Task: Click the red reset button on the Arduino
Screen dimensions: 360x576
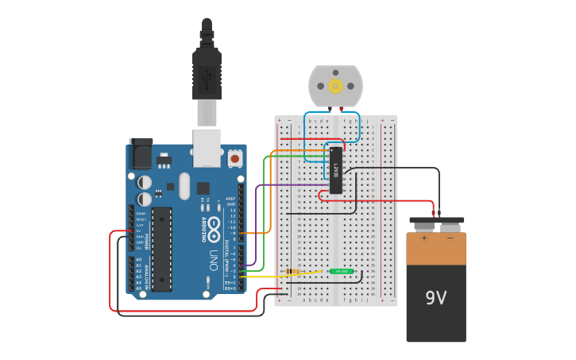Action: point(234,159)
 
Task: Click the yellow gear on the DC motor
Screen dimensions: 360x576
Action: point(335,86)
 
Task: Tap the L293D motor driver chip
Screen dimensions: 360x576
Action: point(336,170)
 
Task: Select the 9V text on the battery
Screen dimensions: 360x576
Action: point(435,298)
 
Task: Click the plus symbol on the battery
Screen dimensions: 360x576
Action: point(423,237)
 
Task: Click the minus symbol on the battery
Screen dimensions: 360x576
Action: point(450,237)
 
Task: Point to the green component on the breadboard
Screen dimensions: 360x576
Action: point(342,271)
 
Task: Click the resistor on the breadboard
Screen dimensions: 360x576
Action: point(293,272)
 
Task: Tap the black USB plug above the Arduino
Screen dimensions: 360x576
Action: point(206,72)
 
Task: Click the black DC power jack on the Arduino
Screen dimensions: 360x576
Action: point(141,153)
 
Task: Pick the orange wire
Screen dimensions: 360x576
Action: point(271,191)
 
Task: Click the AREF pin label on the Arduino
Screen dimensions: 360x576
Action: point(230,199)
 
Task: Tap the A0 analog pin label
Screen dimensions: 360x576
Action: point(138,260)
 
